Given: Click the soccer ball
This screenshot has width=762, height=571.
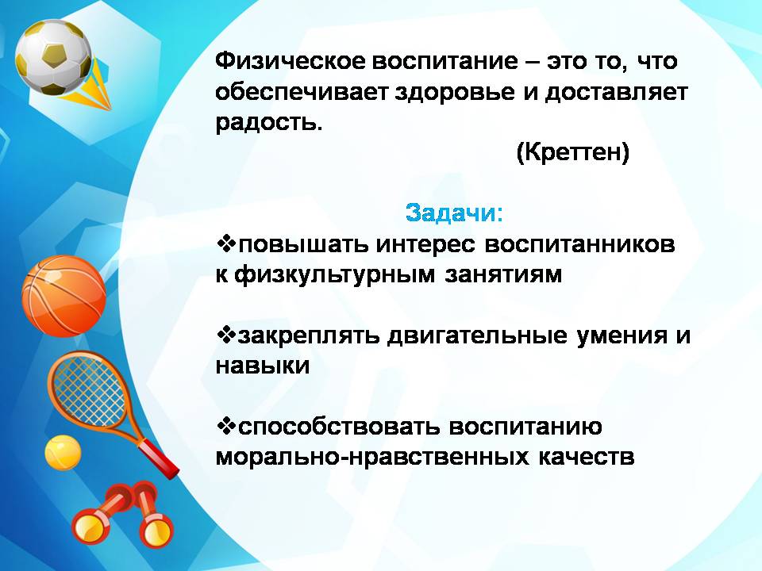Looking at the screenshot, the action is click(x=53, y=58).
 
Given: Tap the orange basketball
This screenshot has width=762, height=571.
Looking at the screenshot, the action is click(x=63, y=296).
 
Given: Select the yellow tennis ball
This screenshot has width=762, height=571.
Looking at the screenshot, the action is click(x=63, y=453).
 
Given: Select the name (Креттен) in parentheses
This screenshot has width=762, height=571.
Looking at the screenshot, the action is click(x=572, y=152).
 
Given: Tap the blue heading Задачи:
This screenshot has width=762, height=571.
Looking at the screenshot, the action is click(x=454, y=213).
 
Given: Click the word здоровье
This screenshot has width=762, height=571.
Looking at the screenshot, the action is click(x=454, y=92).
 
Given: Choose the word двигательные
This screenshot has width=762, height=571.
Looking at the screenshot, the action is click(x=477, y=336).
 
